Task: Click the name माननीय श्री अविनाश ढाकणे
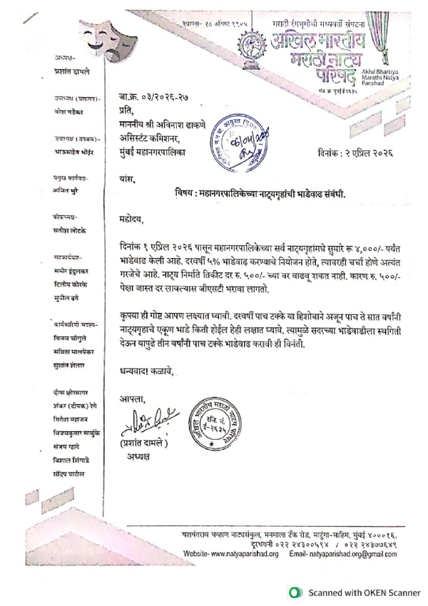(x=177, y=124)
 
